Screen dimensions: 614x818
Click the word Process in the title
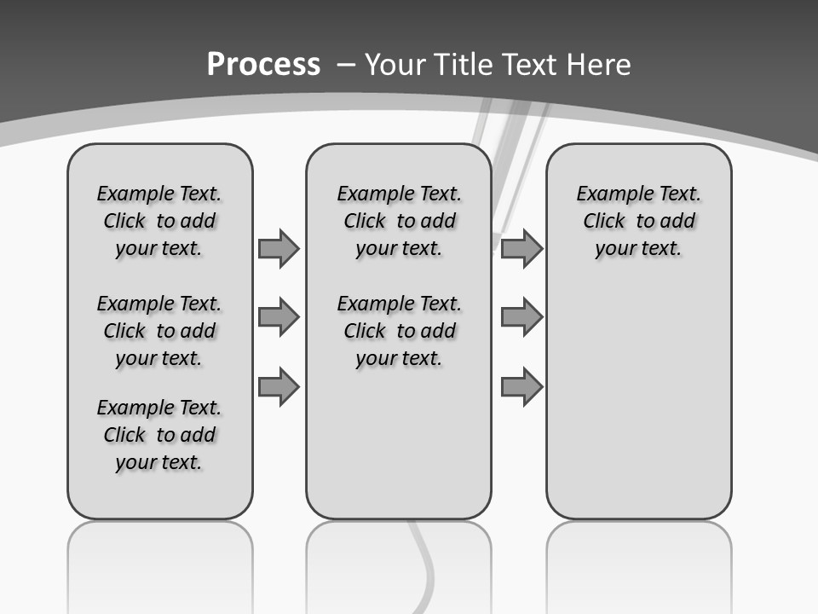(x=263, y=65)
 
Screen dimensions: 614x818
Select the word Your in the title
(x=395, y=65)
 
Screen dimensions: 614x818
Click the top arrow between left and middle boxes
(x=279, y=248)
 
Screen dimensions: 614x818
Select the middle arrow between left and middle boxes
(x=279, y=317)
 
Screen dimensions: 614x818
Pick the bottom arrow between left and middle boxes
(x=279, y=387)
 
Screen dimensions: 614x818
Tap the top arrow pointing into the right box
(x=521, y=248)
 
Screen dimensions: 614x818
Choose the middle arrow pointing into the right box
(x=521, y=317)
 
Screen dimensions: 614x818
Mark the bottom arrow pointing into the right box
(x=521, y=387)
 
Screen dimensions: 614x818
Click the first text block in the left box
(x=159, y=221)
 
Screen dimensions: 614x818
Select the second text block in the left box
(x=159, y=331)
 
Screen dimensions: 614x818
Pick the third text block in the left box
(x=159, y=435)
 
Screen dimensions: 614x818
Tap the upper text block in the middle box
(x=399, y=221)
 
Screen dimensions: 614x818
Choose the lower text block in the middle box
(x=399, y=331)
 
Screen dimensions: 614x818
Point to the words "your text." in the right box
(x=638, y=249)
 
